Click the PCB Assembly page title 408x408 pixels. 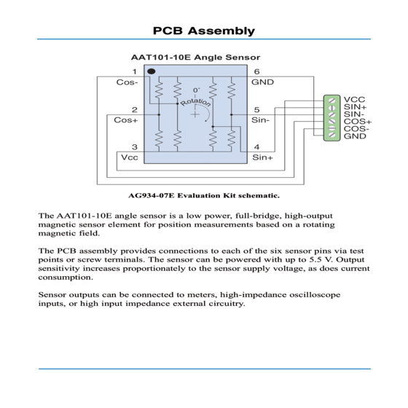click(204, 31)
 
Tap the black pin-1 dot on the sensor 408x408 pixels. click(152, 71)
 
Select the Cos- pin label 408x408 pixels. click(127, 82)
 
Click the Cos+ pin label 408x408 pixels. click(125, 120)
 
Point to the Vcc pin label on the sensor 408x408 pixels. click(130, 157)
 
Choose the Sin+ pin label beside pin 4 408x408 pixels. click(262, 157)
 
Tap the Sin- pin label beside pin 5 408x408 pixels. click(261, 120)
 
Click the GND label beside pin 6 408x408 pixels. click(262, 82)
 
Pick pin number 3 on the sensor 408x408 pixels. click(135, 147)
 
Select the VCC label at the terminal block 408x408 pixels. click(354, 100)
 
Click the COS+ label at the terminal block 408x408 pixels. click(358, 122)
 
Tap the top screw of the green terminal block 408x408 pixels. click(331, 101)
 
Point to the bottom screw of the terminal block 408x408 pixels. click(331, 135)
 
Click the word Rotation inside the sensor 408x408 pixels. click(196, 103)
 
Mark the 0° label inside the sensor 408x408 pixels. click(196, 90)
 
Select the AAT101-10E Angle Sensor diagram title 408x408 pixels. click(195, 58)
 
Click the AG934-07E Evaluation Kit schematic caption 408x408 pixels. click(204, 195)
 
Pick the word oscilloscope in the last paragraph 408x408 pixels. click(315, 295)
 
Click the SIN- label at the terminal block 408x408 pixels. click(354, 114)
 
